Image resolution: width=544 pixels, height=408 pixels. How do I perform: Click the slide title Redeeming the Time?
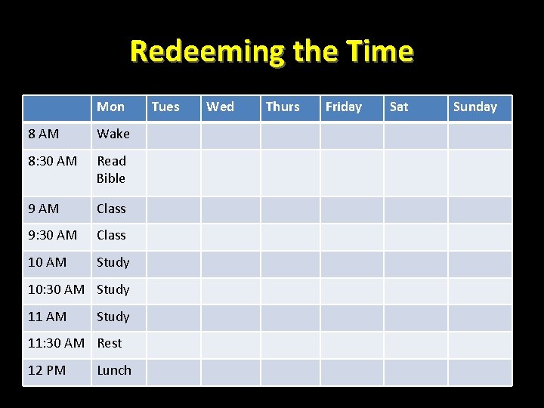[271, 51]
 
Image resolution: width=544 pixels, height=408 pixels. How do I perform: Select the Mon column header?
[111, 107]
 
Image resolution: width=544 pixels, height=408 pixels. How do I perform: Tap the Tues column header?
[165, 107]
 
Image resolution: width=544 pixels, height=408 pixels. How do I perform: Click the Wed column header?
[220, 107]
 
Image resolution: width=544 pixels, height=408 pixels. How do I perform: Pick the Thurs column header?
[283, 107]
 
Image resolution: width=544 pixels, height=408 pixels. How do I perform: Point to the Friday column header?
[344, 107]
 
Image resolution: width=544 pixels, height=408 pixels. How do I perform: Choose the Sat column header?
[399, 107]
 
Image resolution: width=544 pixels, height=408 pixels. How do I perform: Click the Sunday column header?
[474, 107]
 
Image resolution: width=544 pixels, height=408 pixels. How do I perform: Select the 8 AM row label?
[43, 134]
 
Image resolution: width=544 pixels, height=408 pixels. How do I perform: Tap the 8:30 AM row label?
[52, 161]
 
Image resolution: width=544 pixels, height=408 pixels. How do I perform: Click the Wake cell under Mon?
[113, 134]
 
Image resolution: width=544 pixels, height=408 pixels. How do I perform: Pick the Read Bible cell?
[111, 170]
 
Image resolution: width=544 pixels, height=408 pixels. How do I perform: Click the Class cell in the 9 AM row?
[111, 209]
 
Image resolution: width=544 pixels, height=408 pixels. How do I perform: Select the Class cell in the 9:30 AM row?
[111, 236]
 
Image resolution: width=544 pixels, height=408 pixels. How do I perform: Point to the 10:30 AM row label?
[56, 290]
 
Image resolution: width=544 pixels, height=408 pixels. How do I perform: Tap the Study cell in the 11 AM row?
[113, 317]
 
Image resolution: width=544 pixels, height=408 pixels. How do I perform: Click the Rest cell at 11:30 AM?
[110, 344]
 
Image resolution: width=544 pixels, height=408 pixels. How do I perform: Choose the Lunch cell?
[114, 371]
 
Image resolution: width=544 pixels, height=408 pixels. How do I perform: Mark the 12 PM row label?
[47, 371]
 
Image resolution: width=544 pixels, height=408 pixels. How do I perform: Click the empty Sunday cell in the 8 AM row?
[480, 135]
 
